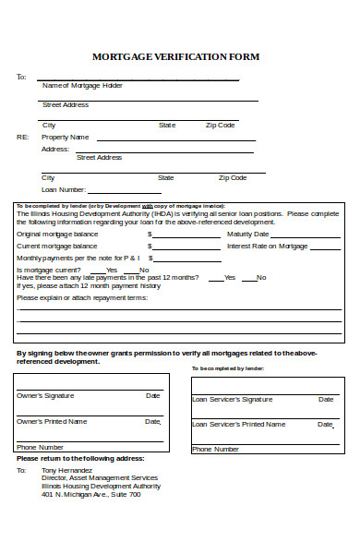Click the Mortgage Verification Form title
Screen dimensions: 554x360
(x=176, y=56)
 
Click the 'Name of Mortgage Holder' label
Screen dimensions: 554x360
(x=82, y=85)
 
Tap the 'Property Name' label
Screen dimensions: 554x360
(x=66, y=137)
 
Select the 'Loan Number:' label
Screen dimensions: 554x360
(x=64, y=188)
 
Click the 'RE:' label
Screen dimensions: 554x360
(x=22, y=137)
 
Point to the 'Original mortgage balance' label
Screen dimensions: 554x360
(x=56, y=235)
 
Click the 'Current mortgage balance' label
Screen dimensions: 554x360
(x=56, y=247)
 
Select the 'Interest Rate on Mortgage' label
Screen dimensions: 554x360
(x=268, y=247)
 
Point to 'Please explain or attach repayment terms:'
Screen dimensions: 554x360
(x=81, y=298)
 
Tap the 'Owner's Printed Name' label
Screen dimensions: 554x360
(x=53, y=421)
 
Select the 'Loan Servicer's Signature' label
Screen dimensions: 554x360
(x=232, y=400)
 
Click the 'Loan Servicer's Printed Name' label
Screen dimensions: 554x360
(x=237, y=425)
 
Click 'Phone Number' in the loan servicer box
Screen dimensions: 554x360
(x=215, y=450)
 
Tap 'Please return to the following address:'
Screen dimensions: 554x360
(x=80, y=458)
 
